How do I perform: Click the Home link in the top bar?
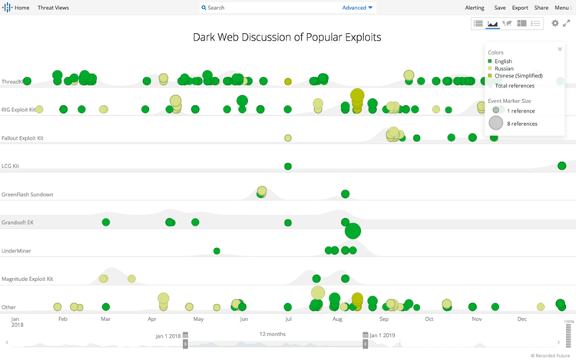click(22, 8)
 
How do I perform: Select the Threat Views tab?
click(53, 8)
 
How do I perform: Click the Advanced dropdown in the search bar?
click(357, 8)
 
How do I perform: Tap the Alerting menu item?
click(475, 8)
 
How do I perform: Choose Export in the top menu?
click(520, 8)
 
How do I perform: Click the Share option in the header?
click(541, 8)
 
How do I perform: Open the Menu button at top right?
click(563, 8)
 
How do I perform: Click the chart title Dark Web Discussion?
click(287, 37)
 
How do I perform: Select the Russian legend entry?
click(504, 68)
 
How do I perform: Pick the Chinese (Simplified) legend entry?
click(518, 76)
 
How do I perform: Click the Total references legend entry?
click(515, 85)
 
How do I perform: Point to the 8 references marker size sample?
click(496, 123)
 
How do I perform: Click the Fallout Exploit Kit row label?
click(23, 138)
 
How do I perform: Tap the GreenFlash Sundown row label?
click(28, 194)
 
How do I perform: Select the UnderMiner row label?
click(16, 251)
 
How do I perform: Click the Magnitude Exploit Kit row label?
click(27, 279)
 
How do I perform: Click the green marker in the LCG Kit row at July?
click(288, 166)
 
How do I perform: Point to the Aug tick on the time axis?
click(337, 319)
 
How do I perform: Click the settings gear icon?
click(555, 24)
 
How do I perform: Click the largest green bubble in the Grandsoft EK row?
click(353, 230)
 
